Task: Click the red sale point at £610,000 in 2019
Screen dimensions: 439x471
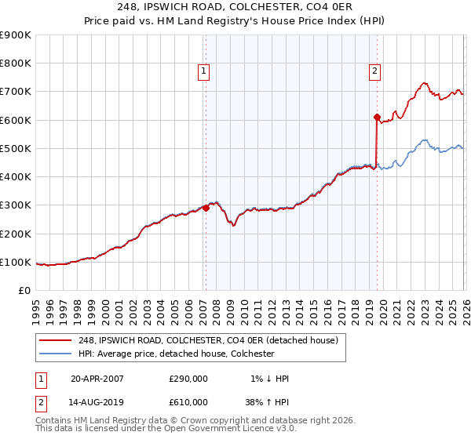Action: (377, 117)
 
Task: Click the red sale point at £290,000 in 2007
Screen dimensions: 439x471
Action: (206, 208)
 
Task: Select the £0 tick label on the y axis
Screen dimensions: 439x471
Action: (24, 291)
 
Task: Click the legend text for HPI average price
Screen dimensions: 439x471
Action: (176, 354)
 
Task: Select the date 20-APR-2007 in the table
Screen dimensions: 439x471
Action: (97, 379)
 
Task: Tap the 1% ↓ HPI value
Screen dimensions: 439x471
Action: (268, 379)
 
